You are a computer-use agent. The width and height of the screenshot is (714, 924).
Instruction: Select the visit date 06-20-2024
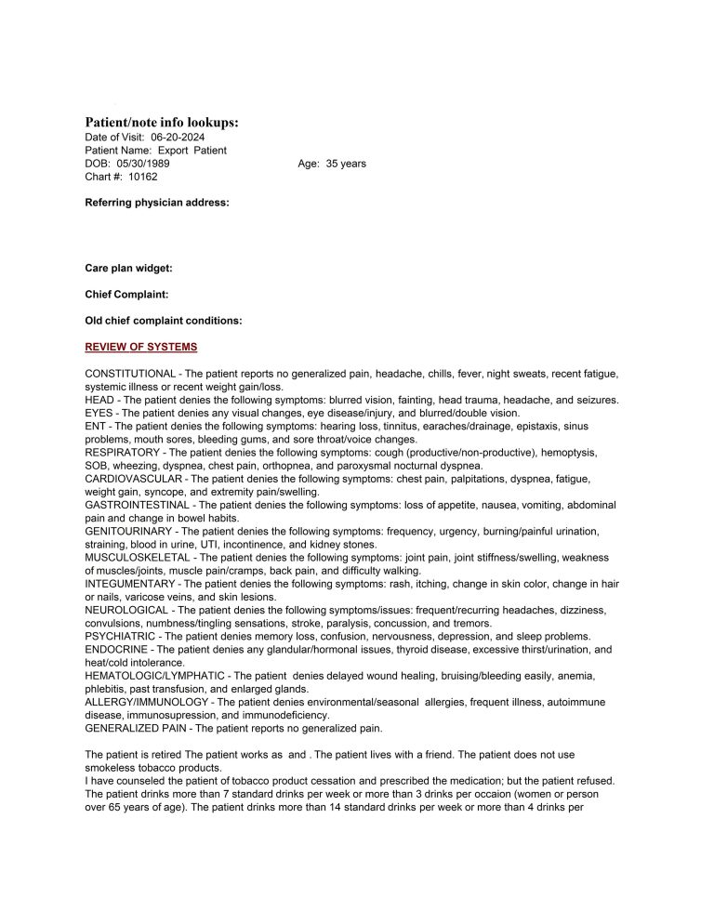[178, 137]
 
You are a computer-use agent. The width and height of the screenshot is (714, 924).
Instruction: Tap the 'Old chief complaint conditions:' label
[164, 321]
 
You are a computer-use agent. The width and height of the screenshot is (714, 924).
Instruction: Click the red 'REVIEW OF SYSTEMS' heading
[141, 347]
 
